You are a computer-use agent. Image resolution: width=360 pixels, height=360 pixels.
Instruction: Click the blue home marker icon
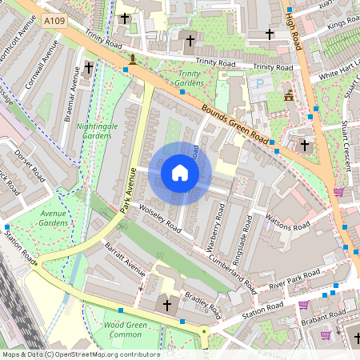(x=180, y=173)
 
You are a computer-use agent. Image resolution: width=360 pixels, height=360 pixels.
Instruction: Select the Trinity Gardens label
(x=189, y=78)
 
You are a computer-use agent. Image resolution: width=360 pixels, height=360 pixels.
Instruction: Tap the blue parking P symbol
(x=258, y=82)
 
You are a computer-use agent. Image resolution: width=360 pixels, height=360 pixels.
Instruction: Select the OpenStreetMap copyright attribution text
(x=80, y=354)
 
